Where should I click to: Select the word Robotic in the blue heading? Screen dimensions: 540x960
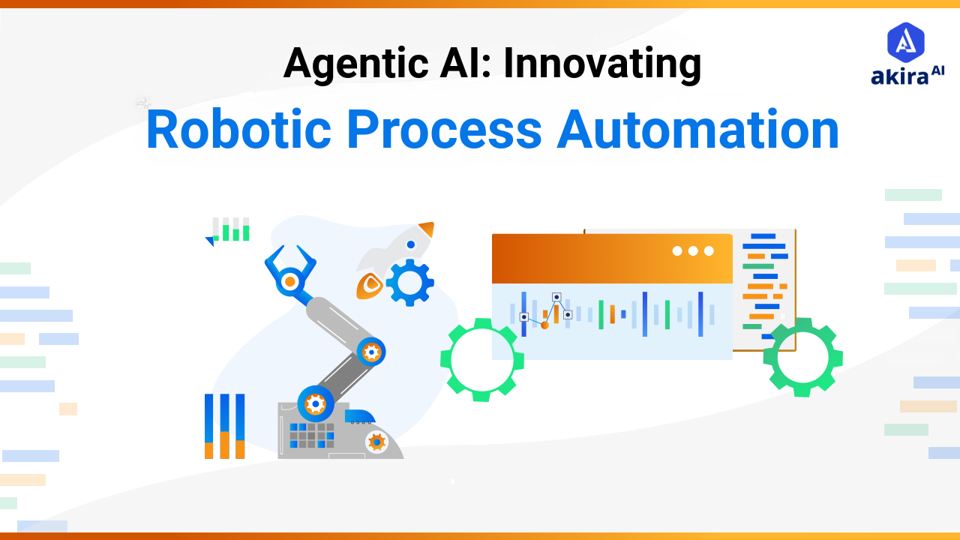coord(238,129)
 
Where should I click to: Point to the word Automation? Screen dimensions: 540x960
coord(697,129)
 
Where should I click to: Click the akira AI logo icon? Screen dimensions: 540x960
coord(906,42)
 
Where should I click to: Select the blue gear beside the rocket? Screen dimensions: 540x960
coord(410,283)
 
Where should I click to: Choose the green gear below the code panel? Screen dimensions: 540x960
coord(802,358)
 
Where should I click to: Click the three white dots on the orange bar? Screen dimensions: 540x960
coord(693,250)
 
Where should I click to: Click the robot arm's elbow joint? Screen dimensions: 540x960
coord(370,351)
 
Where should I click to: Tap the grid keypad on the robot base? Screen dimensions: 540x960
coord(311,435)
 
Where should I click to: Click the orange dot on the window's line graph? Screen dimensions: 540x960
coord(545,325)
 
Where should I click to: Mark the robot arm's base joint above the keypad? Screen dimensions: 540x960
coord(316,404)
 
